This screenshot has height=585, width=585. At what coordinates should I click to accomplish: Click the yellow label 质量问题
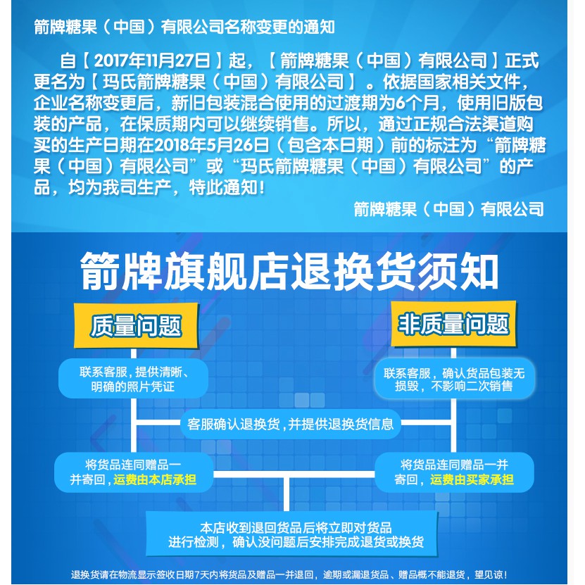pyautogui.click(x=136, y=326)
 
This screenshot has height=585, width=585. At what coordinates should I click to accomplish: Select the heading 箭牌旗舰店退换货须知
pyautogui.click(x=290, y=271)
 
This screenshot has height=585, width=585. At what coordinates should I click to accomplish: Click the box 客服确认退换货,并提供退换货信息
pyautogui.click(x=291, y=424)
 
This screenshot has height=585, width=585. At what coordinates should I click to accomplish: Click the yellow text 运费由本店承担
pyautogui.click(x=154, y=480)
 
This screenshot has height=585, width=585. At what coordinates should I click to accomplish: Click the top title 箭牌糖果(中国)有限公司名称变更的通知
pyautogui.click(x=184, y=27)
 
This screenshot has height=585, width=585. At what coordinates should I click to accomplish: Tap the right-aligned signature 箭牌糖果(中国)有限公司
pyautogui.click(x=449, y=208)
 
